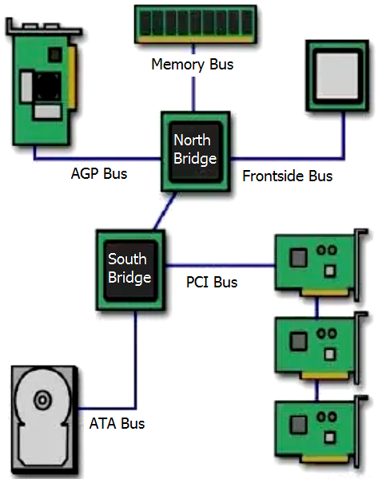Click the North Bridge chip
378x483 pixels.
click(x=196, y=152)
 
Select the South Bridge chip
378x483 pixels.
click(x=130, y=270)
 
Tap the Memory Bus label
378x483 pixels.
click(x=193, y=65)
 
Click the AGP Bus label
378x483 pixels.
click(x=99, y=173)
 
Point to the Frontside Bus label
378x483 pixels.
click(x=288, y=176)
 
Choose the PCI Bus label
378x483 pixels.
click(x=212, y=282)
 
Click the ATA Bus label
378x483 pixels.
click(x=117, y=423)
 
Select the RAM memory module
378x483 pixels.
click(x=196, y=24)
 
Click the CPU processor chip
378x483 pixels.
click(x=337, y=76)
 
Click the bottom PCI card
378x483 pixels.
click(x=320, y=431)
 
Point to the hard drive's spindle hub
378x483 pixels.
click(x=43, y=400)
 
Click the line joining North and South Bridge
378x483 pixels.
click(x=165, y=211)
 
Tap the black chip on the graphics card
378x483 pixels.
click(x=48, y=86)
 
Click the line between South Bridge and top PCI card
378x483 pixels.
click(x=220, y=265)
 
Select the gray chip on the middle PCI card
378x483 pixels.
click(x=298, y=341)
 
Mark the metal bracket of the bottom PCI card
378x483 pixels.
click(x=359, y=431)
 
